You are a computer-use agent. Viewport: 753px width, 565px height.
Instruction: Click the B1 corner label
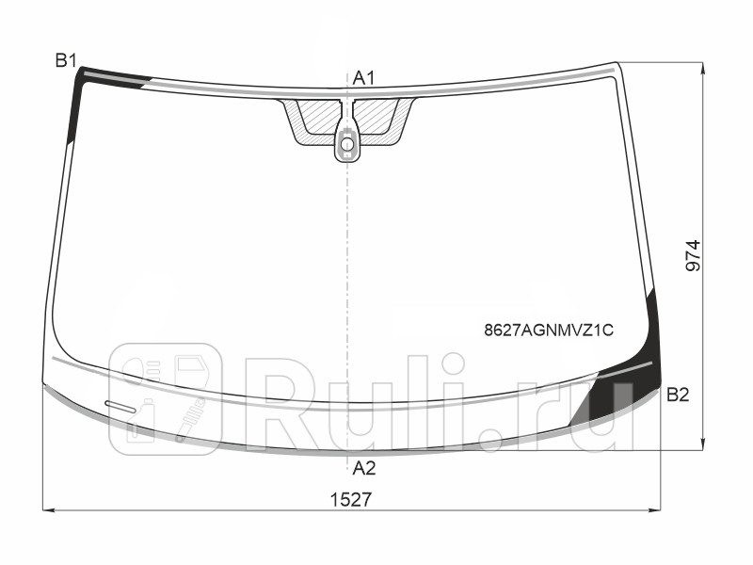(x=66, y=60)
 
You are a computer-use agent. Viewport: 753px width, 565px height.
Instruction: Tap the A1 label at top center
(x=363, y=78)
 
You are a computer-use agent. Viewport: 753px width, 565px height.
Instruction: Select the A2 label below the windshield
(x=364, y=467)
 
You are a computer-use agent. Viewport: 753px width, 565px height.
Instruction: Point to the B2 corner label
(x=678, y=395)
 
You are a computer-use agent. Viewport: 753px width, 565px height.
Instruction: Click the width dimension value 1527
(x=351, y=500)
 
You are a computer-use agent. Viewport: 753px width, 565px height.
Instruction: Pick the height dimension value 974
(x=694, y=255)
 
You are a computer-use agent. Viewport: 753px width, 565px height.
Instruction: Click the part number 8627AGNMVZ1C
(x=549, y=331)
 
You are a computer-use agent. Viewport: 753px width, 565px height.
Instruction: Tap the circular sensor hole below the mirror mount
(x=347, y=144)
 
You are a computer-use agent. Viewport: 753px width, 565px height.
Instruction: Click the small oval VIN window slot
(x=120, y=406)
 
